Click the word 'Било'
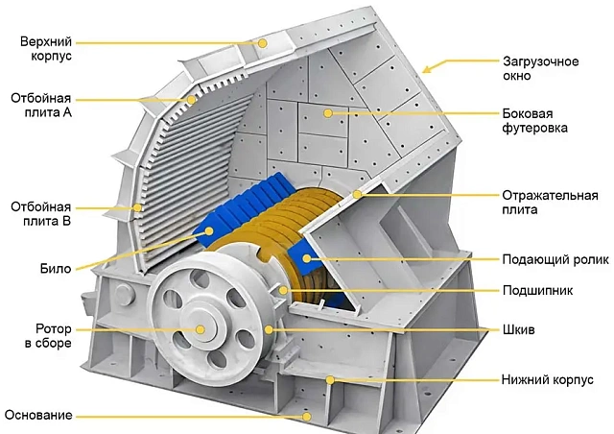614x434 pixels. point(55,268)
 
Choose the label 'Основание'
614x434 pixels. point(37,415)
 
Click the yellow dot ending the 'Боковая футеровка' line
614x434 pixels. point(328,113)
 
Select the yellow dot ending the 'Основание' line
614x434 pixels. point(307,416)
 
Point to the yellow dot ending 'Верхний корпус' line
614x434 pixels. point(261,42)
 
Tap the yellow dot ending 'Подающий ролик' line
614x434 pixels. point(307,259)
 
